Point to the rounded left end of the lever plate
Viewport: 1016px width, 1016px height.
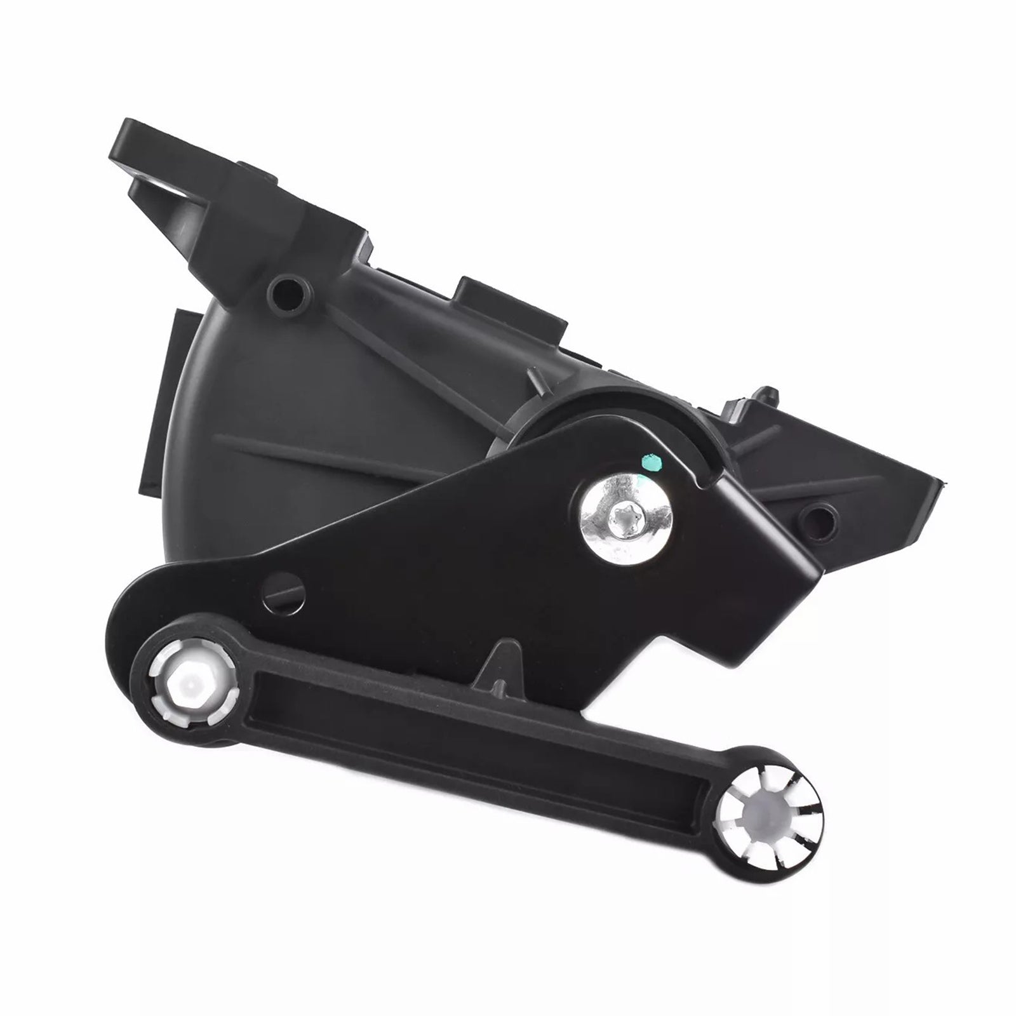[130, 619]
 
